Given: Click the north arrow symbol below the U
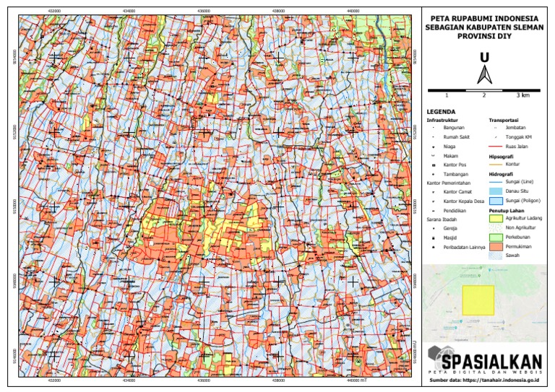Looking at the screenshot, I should click(x=484, y=74).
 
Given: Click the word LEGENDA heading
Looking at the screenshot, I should click(x=443, y=111).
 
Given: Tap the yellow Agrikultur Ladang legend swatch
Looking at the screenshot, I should click(x=495, y=217).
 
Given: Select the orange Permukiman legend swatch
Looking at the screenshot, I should click(x=495, y=246).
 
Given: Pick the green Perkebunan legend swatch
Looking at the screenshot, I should click(x=495, y=237).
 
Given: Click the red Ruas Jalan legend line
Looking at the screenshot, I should click(x=495, y=146).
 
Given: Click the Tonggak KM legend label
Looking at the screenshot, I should click(x=519, y=136).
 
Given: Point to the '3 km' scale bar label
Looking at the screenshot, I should click(x=522, y=95).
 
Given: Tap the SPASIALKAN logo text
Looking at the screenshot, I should click(x=492, y=360).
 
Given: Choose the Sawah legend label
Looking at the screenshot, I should click(x=514, y=256).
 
